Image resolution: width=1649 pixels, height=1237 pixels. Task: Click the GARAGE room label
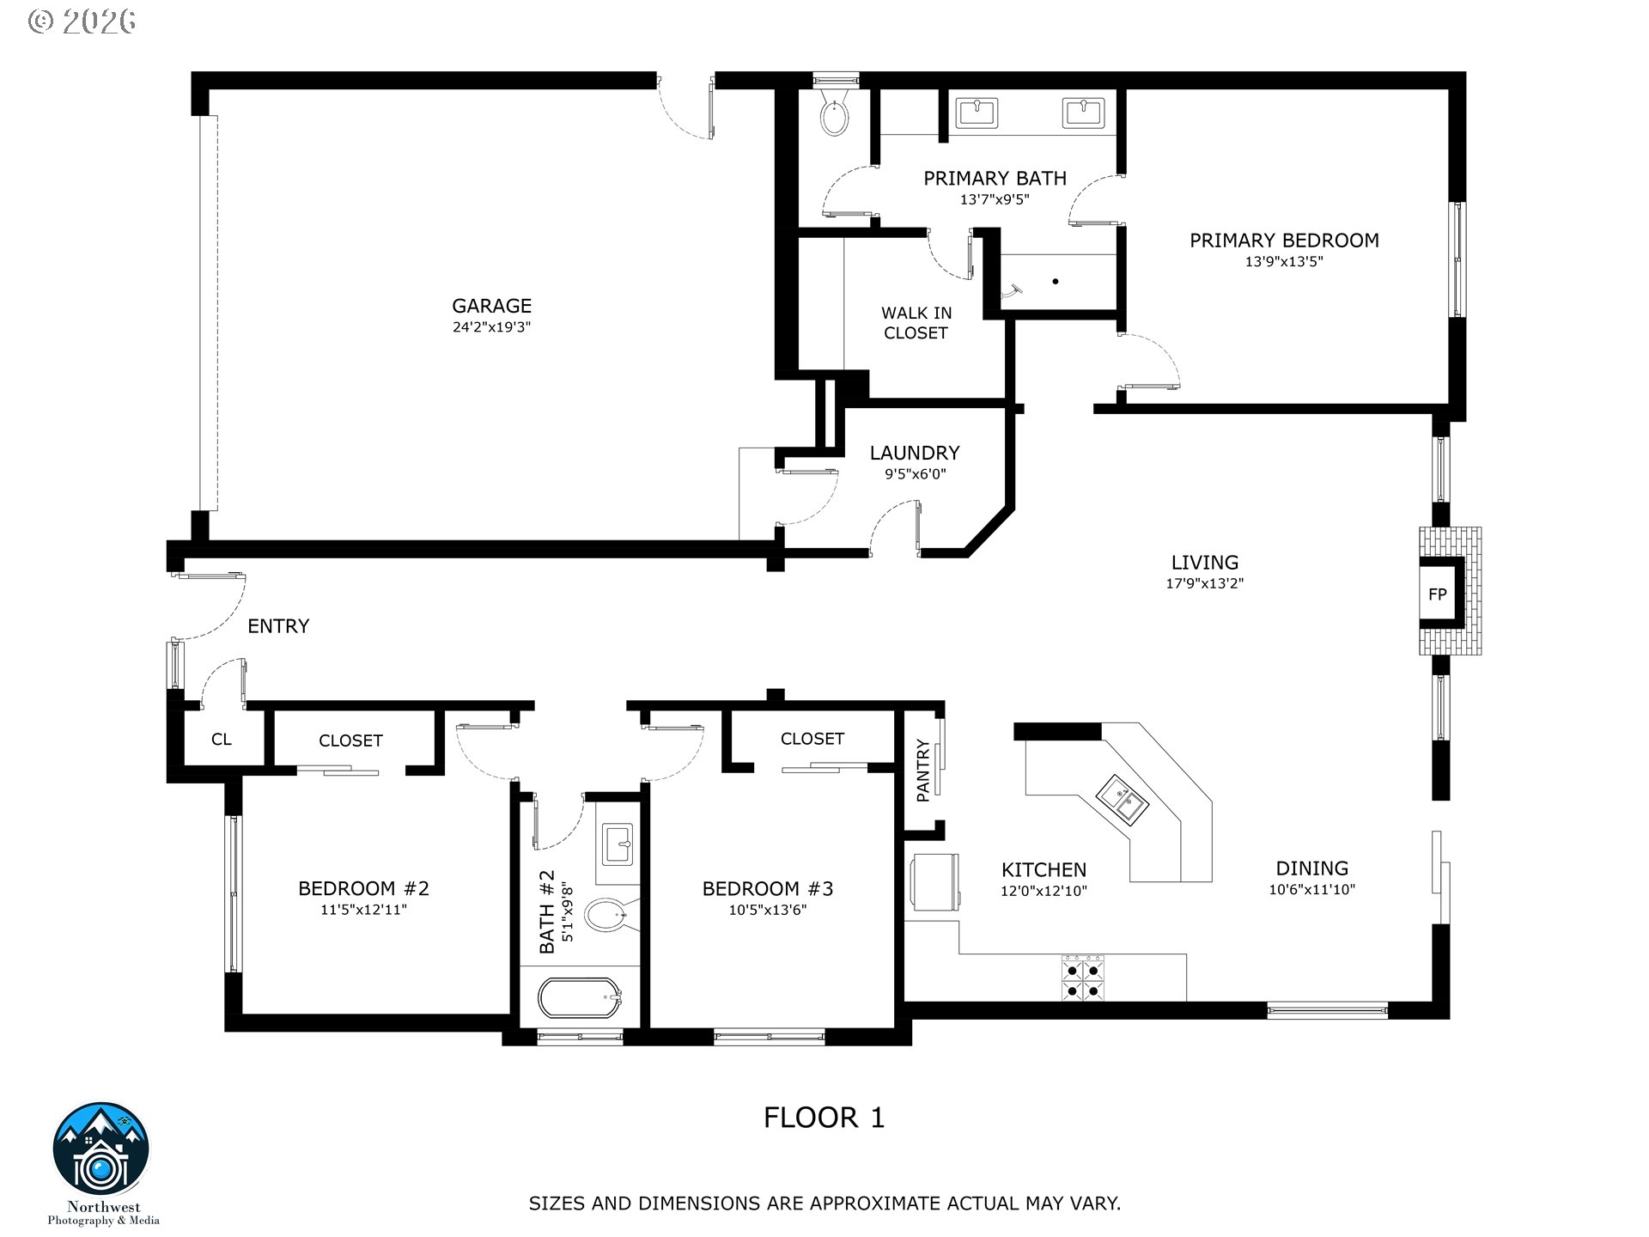coord(492,306)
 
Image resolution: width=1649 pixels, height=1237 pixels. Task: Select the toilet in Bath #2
coord(611,916)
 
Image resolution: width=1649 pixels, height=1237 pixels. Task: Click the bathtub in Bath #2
coord(580,998)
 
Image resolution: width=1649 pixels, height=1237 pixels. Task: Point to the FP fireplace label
coord(1437,594)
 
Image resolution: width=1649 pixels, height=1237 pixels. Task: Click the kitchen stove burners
coord(1082,979)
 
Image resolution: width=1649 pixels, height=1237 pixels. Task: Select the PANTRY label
coord(923,771)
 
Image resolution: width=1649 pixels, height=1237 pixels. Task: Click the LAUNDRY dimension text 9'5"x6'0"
coord(915,473)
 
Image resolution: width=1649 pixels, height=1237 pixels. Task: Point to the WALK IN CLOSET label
coord(916,323)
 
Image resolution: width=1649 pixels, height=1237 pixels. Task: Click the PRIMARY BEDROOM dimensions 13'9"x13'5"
coord(1284,261)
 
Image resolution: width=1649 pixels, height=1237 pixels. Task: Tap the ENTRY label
coord(278,626)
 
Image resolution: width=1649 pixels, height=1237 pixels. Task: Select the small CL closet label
coord(222,740)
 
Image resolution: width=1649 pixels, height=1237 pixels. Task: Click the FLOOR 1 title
coord(824,1118)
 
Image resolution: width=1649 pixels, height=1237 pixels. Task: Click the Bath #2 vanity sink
coord(618,844)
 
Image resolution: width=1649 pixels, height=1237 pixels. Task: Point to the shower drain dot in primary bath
coord(1056,281)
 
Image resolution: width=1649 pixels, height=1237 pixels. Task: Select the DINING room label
coord(1311,868)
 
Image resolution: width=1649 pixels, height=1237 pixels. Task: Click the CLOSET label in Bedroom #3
coord(812,739)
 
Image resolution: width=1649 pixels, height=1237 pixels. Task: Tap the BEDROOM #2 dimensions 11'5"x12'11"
coord(363,910)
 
